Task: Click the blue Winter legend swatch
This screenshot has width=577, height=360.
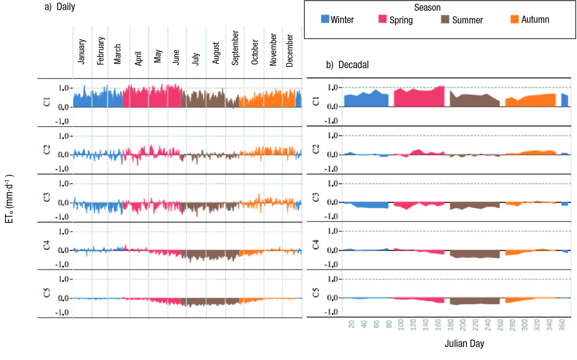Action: click(x=325, y=19)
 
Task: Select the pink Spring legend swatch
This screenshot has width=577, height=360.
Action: click(x=382, y=19)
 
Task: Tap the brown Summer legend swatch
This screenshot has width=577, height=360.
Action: click(x=445, y=19)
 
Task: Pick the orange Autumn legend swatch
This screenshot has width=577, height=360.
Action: click(x=515, y=19)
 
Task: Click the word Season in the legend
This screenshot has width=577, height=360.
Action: click(x=427, y=7)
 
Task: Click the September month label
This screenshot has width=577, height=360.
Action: click(x=235, y=48)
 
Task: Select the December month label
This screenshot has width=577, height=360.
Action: click(x=290, y=50)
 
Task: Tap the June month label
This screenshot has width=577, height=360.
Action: click(x=176, y=57)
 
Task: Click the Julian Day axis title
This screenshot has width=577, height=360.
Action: click(x=464, y=343)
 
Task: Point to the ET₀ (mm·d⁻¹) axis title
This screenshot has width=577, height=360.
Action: click(x=9, y=199)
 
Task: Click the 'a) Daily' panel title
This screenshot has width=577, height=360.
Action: click(x=60, y=7)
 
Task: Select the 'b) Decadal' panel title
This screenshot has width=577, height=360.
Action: click(x=347, y=65)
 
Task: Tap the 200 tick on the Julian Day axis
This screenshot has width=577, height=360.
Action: click(x=463, y=325)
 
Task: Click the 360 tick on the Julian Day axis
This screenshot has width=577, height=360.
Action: click(x=562, y=325)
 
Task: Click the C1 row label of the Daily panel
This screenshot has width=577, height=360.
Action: click(x=46, y=102)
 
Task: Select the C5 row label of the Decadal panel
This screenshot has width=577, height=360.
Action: click(x=316, y=293)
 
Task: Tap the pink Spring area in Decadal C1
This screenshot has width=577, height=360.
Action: click(x=419, y=98)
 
